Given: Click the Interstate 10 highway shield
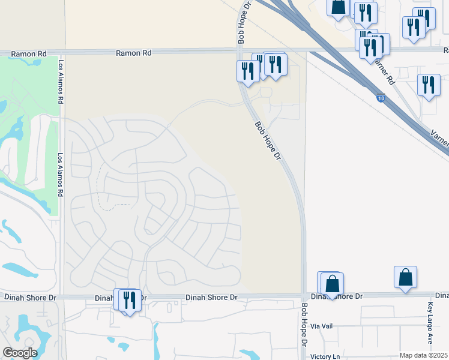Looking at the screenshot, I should [381, 97].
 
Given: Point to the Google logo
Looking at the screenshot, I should [20, 352].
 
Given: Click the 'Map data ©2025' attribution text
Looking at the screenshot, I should [423, 355].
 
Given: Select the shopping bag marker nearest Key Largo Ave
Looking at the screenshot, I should [405, 278].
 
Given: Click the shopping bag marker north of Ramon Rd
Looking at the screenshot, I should [338, 7].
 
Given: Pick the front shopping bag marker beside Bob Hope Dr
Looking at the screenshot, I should [333, 285].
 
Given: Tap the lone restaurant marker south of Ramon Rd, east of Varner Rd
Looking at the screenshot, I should [427, 85].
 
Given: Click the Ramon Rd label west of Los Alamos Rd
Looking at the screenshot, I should [29, 55].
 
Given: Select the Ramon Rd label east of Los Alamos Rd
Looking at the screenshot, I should [133, 53].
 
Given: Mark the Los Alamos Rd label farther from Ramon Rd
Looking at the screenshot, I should [60, 175].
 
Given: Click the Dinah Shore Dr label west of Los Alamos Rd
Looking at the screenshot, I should [30, 297].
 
